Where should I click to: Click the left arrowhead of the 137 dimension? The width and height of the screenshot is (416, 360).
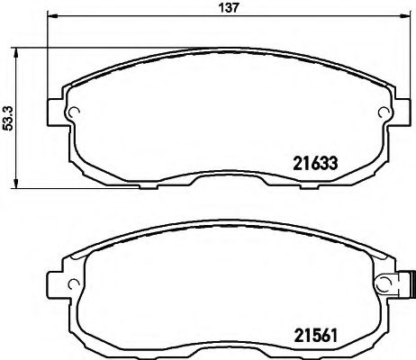[51, 18]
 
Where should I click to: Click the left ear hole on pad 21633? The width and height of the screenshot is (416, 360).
[76, 112]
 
